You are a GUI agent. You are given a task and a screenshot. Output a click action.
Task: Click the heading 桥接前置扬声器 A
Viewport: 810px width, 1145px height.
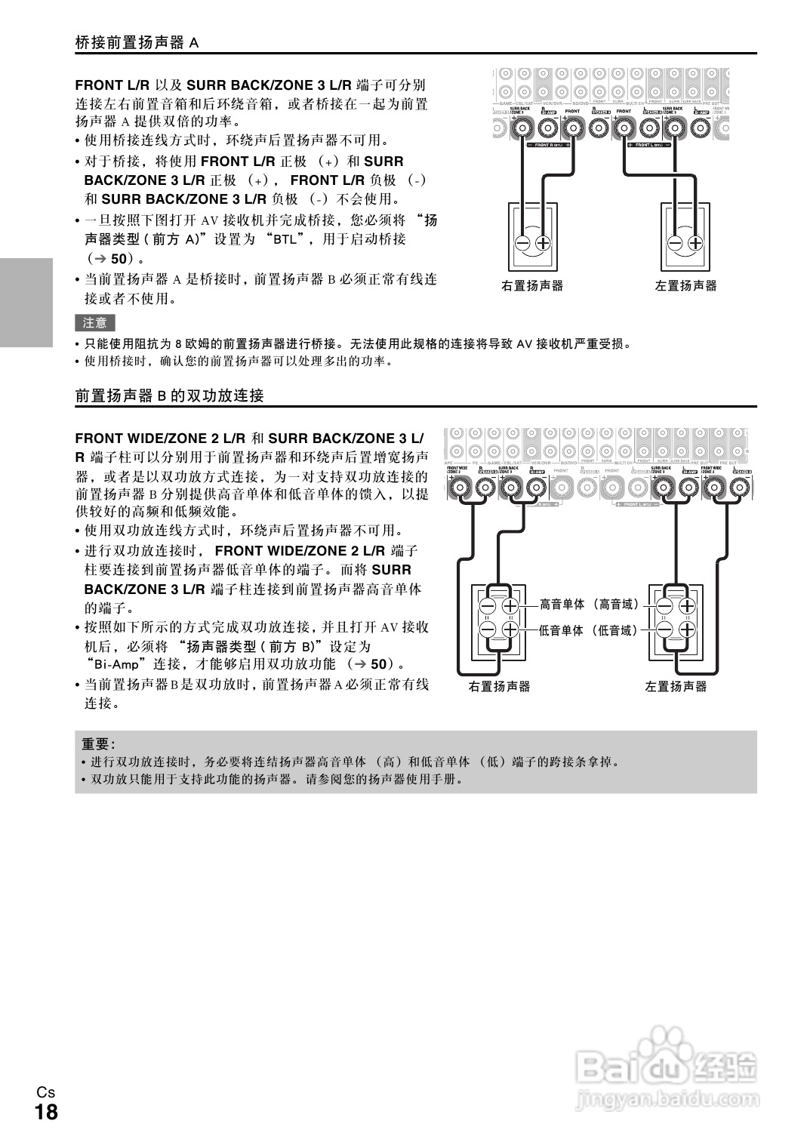pyautogui.click(x=137, y=42)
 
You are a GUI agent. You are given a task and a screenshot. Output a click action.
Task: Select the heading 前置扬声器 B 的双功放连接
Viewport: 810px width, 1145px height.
pyautogui.click(x=169, y=396)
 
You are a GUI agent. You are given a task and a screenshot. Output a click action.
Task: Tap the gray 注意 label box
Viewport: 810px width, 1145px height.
pyautogui.click(x=95, y=323)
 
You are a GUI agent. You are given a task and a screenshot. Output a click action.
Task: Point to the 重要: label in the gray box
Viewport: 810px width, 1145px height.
pyautogui.click(x=98, y=743)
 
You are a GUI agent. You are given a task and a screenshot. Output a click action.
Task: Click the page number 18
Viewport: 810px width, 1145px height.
pyautogui.click(x=45, y=1113)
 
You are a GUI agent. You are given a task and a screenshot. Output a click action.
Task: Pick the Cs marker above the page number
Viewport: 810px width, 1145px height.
pyautogui.click(x=45, y=1092)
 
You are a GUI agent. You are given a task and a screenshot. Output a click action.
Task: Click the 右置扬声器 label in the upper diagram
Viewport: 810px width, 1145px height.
pyautogui.click(x=532, y=286)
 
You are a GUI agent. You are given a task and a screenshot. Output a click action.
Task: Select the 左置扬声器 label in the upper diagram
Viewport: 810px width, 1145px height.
pyautogui.click(x=686, y=286)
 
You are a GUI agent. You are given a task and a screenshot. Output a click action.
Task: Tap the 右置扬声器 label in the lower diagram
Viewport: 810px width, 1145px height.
pyautogui.click(x=499, y=687)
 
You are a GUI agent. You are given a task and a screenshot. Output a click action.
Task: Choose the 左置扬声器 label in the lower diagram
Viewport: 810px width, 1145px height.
pyautogui.click(x=676, y=687)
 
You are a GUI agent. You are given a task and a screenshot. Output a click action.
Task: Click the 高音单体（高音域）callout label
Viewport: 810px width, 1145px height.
pyautogui.click(x=589, y=604)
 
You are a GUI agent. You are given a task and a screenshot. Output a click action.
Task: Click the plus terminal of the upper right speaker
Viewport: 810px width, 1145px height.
pyautogui.click(x=544, y=243)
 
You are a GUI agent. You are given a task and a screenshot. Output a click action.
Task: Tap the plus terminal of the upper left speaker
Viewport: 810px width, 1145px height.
pyautogui.click(x=696, y=243)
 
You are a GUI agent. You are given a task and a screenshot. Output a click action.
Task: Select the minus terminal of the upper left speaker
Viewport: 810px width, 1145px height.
pyautogui.click(x=676, y=243)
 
